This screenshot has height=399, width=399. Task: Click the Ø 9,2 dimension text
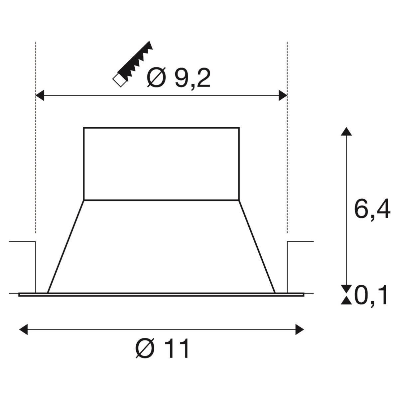179,78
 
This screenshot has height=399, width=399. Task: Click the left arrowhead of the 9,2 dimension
40,95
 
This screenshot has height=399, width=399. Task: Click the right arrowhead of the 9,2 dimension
283,95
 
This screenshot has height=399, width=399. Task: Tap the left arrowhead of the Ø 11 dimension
23,330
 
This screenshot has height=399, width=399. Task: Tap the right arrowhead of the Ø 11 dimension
300,330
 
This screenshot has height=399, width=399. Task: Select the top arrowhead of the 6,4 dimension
346,132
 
